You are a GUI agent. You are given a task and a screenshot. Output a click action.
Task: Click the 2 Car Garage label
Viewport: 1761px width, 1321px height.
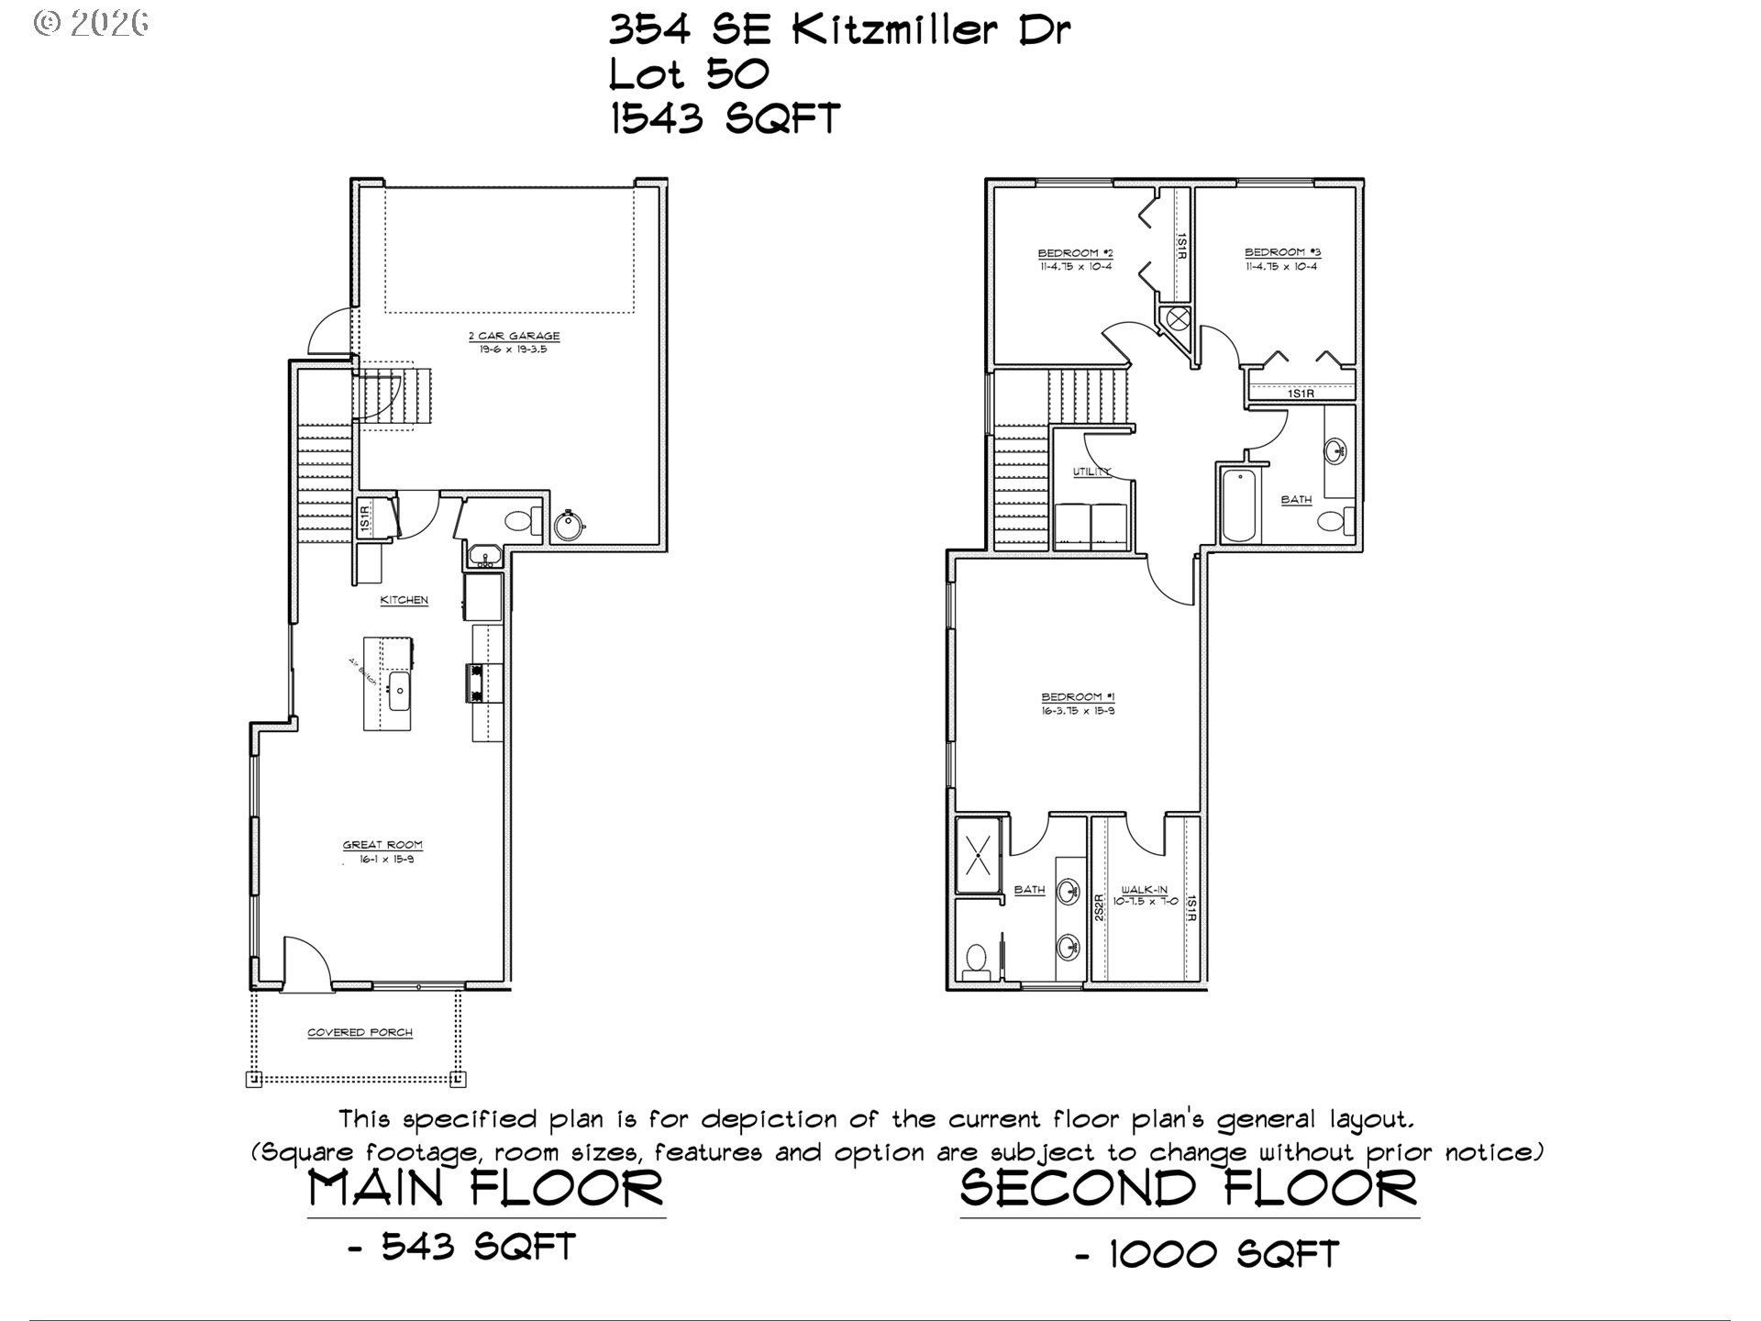[x=513, y=336]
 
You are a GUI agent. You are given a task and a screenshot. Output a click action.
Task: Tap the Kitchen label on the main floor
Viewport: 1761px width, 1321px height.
[x=404, y=600]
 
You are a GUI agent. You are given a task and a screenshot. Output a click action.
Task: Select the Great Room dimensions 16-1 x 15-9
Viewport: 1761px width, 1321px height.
[x=382, y=860]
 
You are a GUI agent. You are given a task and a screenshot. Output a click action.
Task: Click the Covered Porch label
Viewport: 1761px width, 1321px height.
[x=360, y=1033]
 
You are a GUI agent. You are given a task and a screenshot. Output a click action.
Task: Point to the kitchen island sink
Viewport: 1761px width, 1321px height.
[x=400, y=691]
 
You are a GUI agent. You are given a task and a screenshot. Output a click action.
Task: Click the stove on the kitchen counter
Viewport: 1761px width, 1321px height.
[x=477, y=683]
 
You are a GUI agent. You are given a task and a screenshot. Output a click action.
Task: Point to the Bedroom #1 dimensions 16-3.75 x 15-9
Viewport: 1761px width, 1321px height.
[x=1078, y=711]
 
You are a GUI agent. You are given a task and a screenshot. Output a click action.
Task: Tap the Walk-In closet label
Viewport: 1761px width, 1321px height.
[x=1144, y=890]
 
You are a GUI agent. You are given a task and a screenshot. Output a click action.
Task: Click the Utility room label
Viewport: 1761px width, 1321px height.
[x=1091, y=472]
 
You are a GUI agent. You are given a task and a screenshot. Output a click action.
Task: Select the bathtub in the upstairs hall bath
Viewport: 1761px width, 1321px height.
[x=1238, y=505]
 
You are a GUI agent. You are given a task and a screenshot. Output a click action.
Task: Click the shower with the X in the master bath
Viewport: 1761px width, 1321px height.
[x=980, y=855]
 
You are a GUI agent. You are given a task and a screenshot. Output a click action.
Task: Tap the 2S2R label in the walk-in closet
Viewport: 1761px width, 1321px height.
[x=1098, y=908]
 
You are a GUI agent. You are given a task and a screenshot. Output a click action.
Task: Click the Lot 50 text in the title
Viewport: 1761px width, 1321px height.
[x=689, y=75]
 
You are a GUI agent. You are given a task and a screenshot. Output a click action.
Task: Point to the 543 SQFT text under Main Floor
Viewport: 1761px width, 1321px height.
[x=477, y=1247]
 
